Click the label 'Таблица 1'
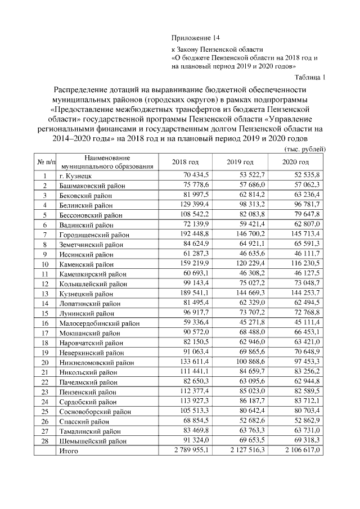point(310,76)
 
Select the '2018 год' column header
point(185,163)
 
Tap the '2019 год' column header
point(240,163)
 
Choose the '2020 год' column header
point(296,163)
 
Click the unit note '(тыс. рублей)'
point(306,149)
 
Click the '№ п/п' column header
point(46,163)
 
